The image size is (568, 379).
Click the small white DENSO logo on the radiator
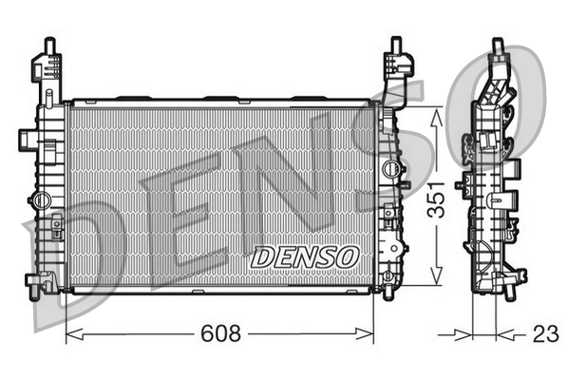coord(304,256)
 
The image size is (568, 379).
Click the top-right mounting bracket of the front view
coord(397,66)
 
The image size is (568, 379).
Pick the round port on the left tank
coord(40,200)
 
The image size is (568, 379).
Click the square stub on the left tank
coord(58,228)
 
